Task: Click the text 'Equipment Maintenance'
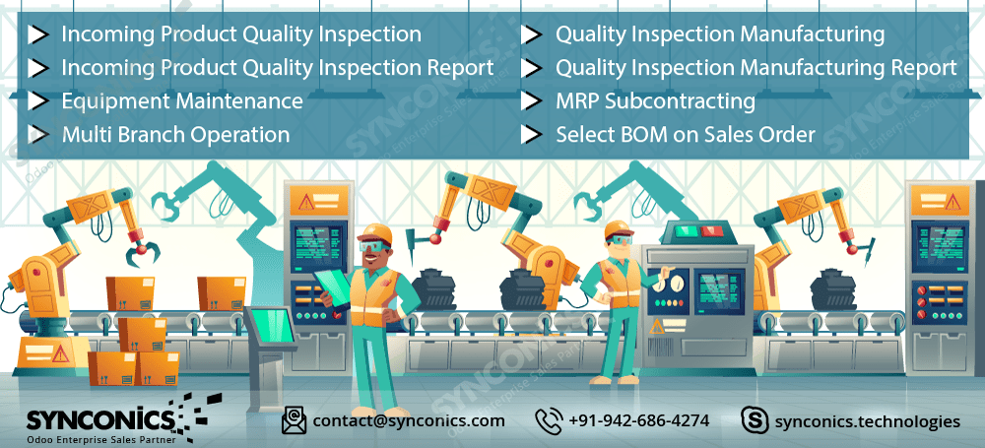point(182,101)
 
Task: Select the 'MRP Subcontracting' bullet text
point(655,101)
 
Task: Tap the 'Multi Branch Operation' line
point(175,135)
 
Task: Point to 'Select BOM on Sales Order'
point(686,135)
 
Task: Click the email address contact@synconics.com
point(409,420)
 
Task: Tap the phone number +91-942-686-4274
point(639,420)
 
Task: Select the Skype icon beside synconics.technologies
point(755,420)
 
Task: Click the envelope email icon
point(294,420)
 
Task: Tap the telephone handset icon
point(550,419)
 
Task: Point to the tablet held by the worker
point(334,286)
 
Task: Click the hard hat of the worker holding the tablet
point(375,233)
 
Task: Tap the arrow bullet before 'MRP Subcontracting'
point(533,101)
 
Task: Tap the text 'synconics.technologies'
point(868,421)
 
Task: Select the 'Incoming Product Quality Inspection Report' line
point(278,68)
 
